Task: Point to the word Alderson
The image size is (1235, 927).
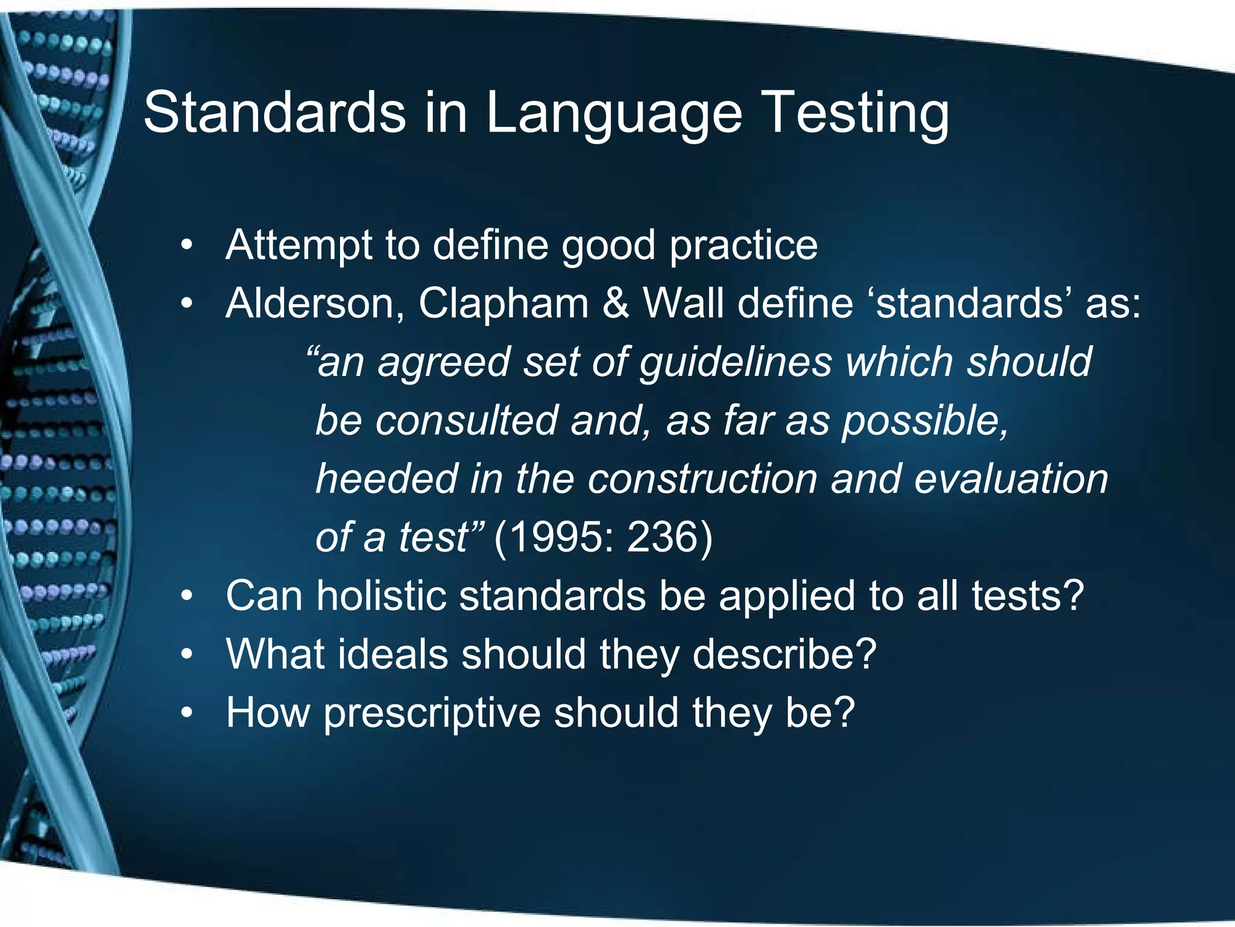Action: (x=314, y=303)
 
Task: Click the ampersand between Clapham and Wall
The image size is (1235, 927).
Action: (x=615, y=303)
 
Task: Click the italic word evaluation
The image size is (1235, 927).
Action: (x=1011, y=479)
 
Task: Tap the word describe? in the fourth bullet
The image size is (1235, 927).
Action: (x=784, y=654)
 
